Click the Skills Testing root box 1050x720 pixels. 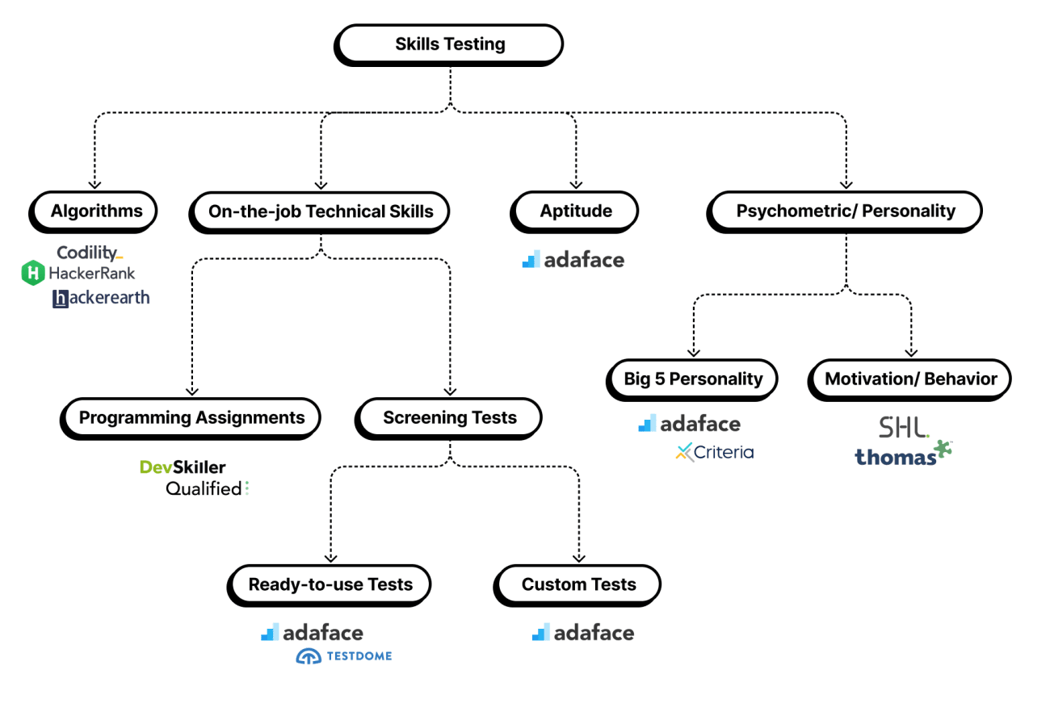pyautogui.click(x=449, y=44)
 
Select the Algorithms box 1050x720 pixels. pyautogui.click(x=95, y=212)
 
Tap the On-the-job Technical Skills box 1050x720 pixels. pyautogui.click(x=320, y=212)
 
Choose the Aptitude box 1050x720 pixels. pyautogui.click(x=575, y=212)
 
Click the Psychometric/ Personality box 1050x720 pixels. pyautogui.click(x=845, y=212)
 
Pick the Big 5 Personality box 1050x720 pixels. pyautogui.click(x=692, y=379)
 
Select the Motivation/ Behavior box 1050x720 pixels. pyautogui.click(x=910, y=379)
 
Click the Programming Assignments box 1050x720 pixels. pyautogui.click(x=191, y=418)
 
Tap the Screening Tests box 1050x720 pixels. pyautogui.click(x=449, y=418)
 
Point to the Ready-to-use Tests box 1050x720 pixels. pyautogui.click(x=330, y=585)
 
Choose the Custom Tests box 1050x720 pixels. pyautogui.click(x=578, y=585)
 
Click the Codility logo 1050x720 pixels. pyautogui.click(x=90, y=253)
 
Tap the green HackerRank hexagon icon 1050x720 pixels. pyautogui.click(x=32, y=274)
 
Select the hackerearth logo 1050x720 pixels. pyautogui.click(x=101, y=298)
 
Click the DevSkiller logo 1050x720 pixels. pyautogui.click(x=183, y=467)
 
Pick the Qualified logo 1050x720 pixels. pyautogui.click(x=207, y=488)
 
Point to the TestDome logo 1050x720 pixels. pyautogui.click(x=344, y=656)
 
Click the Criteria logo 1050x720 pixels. pyautogui.click(x=714, y=452)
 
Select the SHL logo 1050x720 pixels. pyautogui.click(x=903, y=427)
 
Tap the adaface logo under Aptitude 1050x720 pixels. pyautogui.click(x=573, y=260)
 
